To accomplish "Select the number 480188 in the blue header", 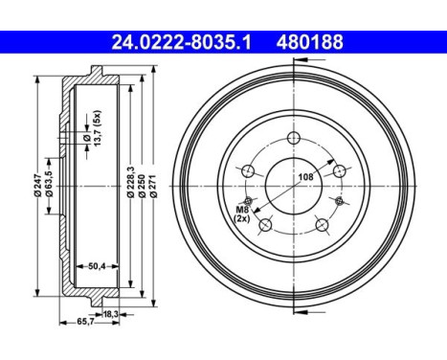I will [310, 42].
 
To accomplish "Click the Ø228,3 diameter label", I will [130, 181].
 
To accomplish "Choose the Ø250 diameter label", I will [142, 181].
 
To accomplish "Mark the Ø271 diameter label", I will [153, 181].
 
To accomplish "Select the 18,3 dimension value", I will [111, 313].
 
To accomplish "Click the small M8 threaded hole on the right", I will [339, 200].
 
